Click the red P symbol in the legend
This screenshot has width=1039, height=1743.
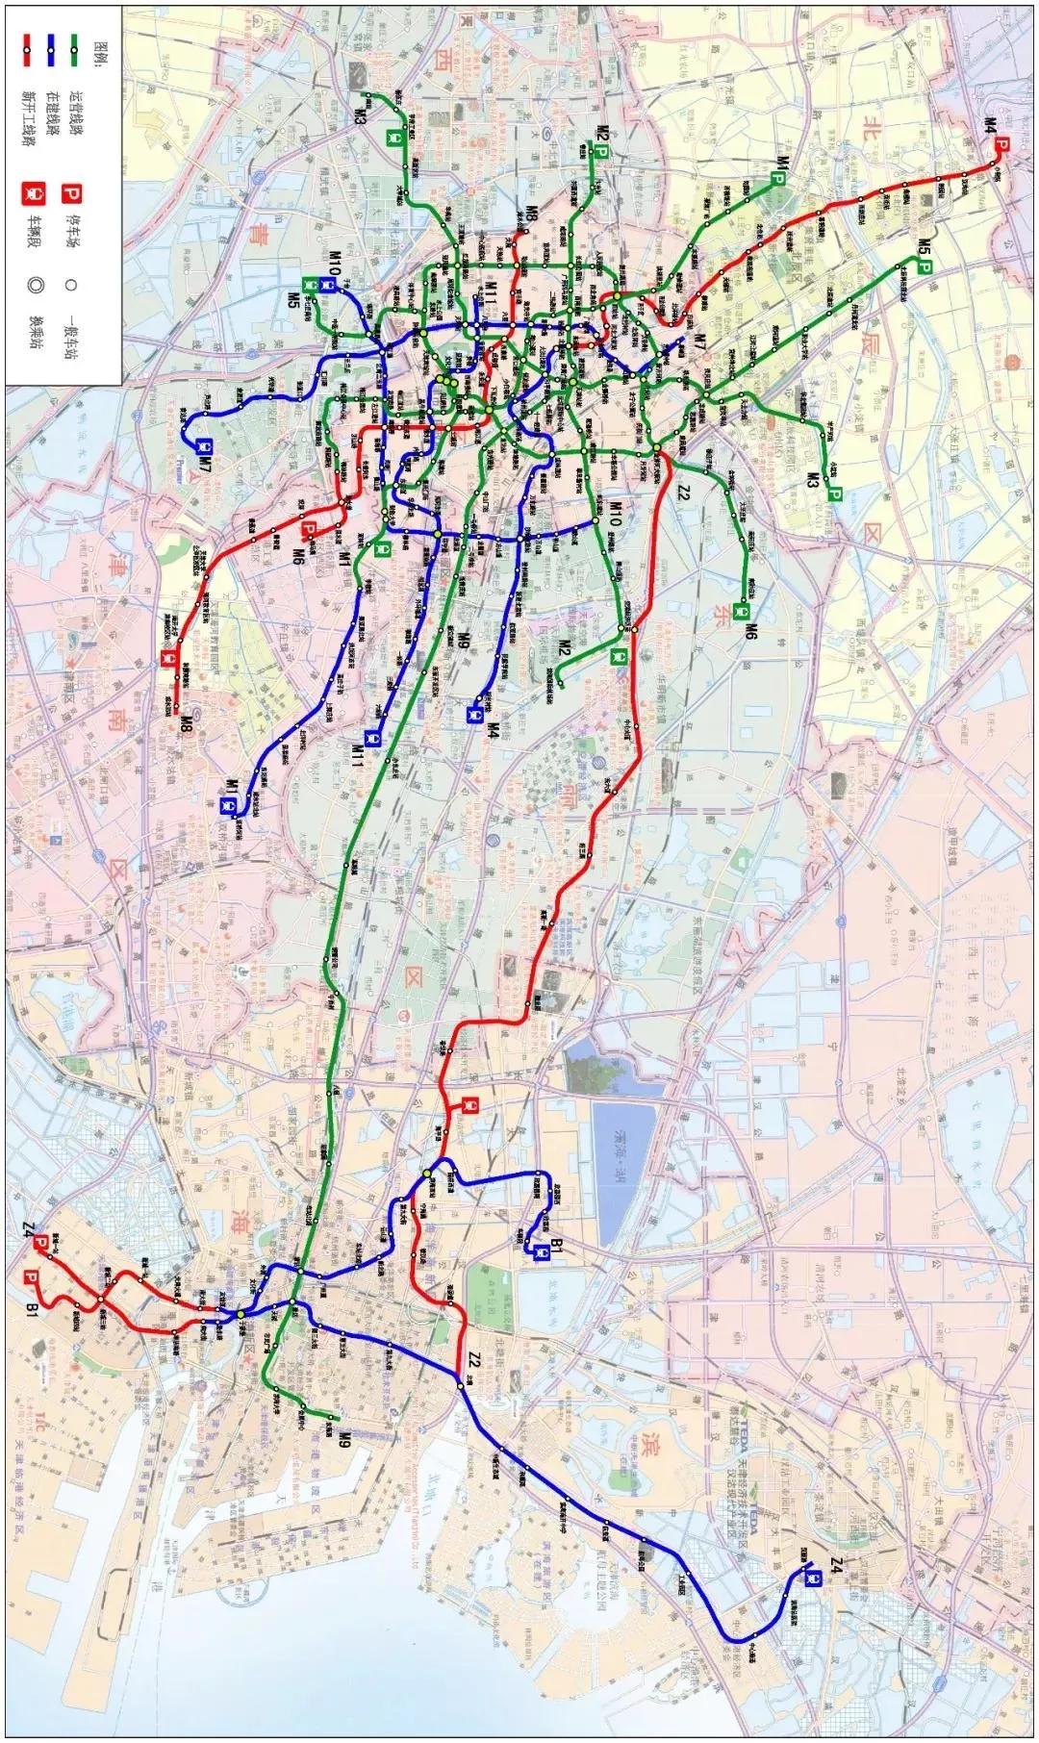pyautogui.click(x=70, y=193)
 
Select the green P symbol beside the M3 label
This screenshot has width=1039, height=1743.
pyautogui.click(x=834, y=495)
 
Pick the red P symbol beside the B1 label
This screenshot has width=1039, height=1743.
pyautogui.click(x=32, y=1277)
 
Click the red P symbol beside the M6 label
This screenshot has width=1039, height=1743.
pyautogui.click(x=309, y=529)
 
